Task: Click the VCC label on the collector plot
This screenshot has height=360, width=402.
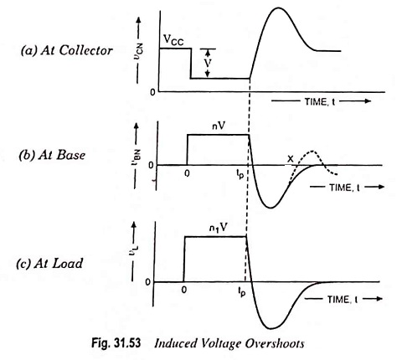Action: click(x=173, y=41)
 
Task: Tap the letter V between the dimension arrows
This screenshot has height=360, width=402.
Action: click(x=207, y=63)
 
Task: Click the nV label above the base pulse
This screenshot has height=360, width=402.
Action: click(x=219, y=126)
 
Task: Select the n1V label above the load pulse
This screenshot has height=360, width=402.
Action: click(x=219, y=229)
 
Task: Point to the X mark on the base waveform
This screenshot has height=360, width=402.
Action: click(x=291, y=159)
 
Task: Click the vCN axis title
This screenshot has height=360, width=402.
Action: click(x=138, y=52)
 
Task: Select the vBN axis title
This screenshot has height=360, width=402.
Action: click(x=137, y=157)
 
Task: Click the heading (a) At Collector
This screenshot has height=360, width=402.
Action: click(x=67, y=50)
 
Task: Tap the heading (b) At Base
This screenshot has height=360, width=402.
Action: click(x=52, y=155)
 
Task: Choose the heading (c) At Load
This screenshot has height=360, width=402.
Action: click(x=49, y=264)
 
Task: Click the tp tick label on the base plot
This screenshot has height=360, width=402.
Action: click(x=240, y=175)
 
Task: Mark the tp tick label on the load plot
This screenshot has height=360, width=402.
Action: click(x=241, y=291)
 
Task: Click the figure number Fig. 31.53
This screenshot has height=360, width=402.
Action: click(x=116, y=343)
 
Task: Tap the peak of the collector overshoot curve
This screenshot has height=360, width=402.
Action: click(x=278, y=8)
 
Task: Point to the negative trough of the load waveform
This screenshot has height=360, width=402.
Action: click(x=271, y=329)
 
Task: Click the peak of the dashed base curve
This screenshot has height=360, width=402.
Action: click(x=312, y=152)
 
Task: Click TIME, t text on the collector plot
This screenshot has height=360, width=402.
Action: click(x=320, y=101)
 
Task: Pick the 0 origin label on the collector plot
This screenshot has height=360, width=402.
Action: click(x=152, y=92)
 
